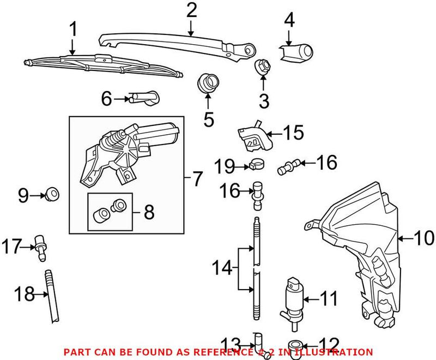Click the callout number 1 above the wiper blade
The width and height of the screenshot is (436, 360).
click(73, 29)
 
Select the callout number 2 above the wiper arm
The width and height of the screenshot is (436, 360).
click(191, 10)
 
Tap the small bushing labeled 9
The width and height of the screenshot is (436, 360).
click(52, 194)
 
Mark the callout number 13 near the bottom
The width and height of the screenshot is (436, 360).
click(233, 344)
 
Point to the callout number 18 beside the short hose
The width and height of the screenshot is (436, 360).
click(23, 295)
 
